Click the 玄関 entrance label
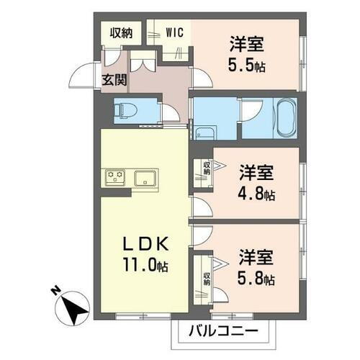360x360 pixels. pyautogui.click(x=114, y=80)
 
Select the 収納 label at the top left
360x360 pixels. pyautogui.click(x=121, y=32)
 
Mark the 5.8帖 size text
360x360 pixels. pyautogui.click(x=258, y=279)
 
